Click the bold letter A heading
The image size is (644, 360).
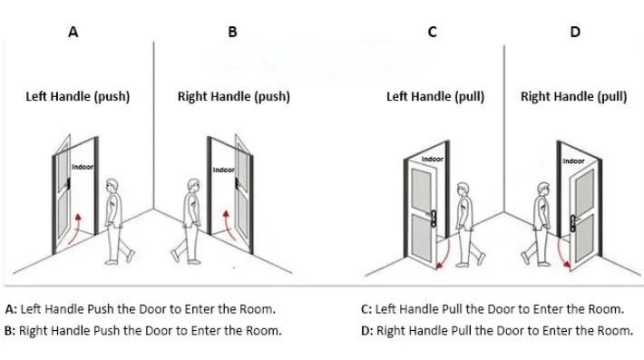(73, 32)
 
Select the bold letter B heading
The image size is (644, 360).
(232, 32)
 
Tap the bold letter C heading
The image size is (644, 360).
(433, 32)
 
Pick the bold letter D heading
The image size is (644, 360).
(574, 32)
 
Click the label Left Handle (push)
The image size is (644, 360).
(77, 96)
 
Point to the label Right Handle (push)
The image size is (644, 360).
(233, 96)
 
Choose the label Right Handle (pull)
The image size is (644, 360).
(573, 96)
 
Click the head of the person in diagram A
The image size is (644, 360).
(112, 187)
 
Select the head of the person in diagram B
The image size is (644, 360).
(191, 187)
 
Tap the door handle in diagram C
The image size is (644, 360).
(432, 218)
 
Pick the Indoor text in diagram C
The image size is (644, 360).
(434, 160)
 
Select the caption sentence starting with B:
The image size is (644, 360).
(142, 330)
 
